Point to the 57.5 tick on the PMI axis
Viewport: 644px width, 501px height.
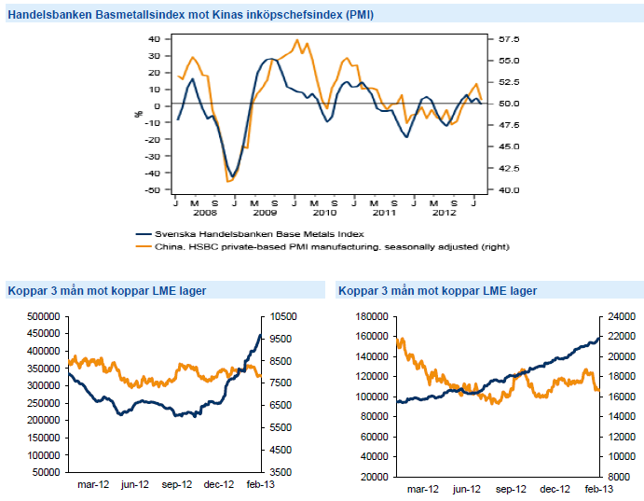click(509, 39)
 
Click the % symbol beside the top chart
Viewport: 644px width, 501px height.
click(139, 113)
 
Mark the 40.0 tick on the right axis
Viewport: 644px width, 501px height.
click(509, 189)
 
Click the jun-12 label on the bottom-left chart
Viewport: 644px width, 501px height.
click(136, 485)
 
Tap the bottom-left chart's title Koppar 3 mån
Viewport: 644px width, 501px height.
click(106, 290)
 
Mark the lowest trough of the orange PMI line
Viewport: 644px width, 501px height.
click(228, 181)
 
